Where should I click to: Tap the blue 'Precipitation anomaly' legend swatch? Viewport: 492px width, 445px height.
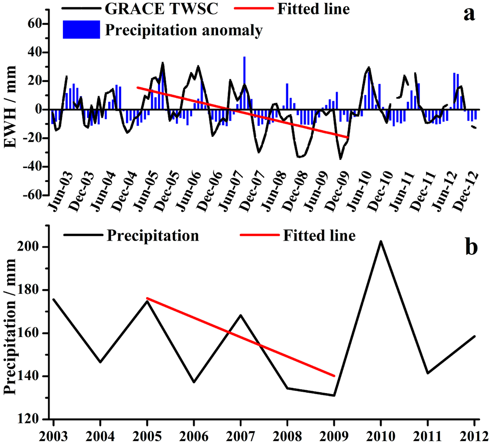point(81,30)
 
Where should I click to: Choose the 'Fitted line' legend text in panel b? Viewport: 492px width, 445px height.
point(319,236)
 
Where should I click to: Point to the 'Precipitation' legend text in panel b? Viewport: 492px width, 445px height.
point(153,236)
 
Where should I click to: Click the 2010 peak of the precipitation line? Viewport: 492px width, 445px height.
point(381,241)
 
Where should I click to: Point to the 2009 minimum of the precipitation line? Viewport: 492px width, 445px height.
point(333,396)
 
